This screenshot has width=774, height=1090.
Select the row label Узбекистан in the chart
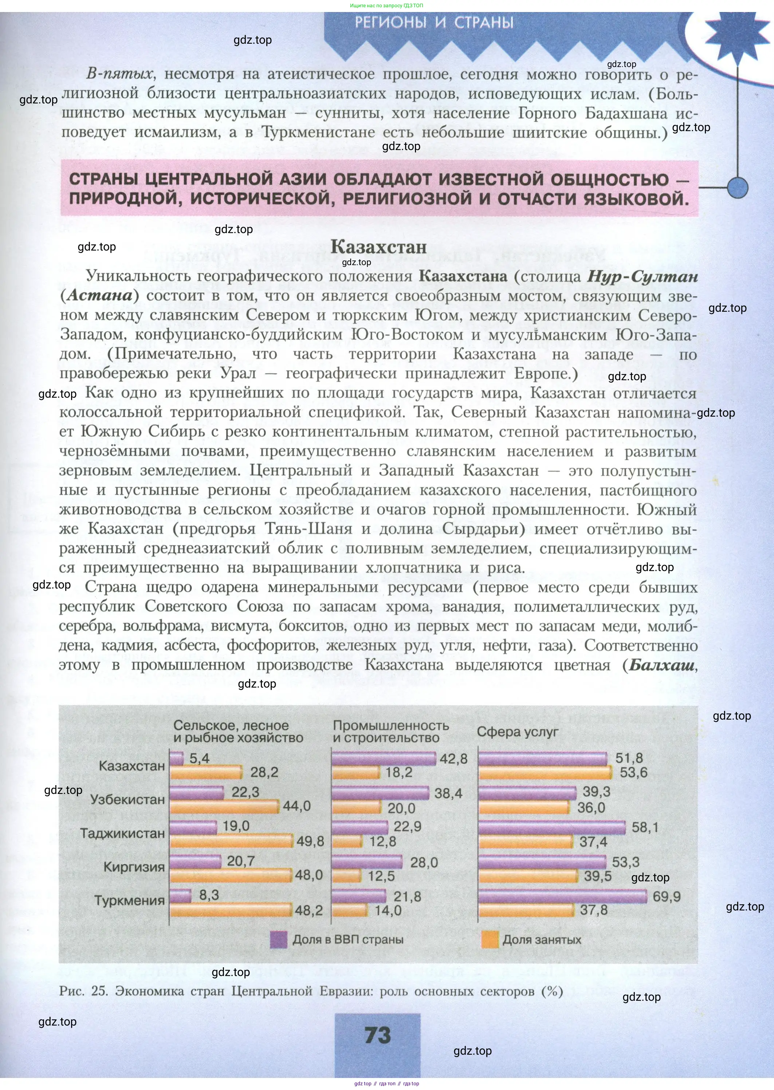coord(127,799)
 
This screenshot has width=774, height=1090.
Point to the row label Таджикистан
coord(122,833)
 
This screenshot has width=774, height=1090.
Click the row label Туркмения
coord(129,900)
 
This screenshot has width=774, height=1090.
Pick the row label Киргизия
coord(134,867)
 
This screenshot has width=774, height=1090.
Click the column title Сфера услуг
coord(517,732)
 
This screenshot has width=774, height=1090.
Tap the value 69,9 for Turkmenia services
coord(666,897)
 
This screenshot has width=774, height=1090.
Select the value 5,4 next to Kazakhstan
coord(199,758)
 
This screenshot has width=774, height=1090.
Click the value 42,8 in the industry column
coord(453,759)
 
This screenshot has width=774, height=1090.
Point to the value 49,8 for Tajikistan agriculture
coord(310,841)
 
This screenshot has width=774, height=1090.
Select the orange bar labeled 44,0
coord(224,807)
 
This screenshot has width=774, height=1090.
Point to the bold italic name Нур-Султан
coord(643,276)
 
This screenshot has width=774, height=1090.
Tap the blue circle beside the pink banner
coord(738,187)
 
